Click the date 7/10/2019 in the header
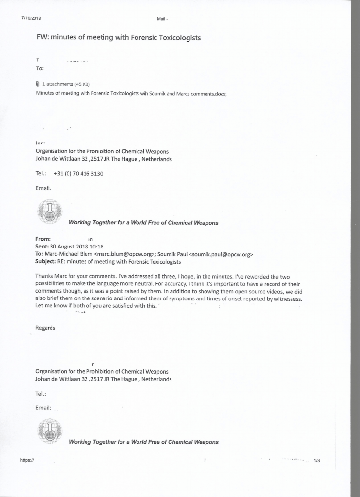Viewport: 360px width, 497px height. pyautogui.click(x=32, y=18)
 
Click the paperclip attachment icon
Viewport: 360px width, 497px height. pyautogui.click(x=38, y=84)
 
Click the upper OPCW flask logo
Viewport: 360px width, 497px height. pyautogui.click(x=50, y=212)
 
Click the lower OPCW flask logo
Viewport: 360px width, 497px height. pyautogui.click(x=50, y=431)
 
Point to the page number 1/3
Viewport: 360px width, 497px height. pyautogui.click(x=317, y=461)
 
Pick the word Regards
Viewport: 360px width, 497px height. pyautogui.click(x=46, y=328)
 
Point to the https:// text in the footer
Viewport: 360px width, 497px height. pyautogui.click(x=27, y=461)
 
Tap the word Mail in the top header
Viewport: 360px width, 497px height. pyautogui.click(x=161, y=19)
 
